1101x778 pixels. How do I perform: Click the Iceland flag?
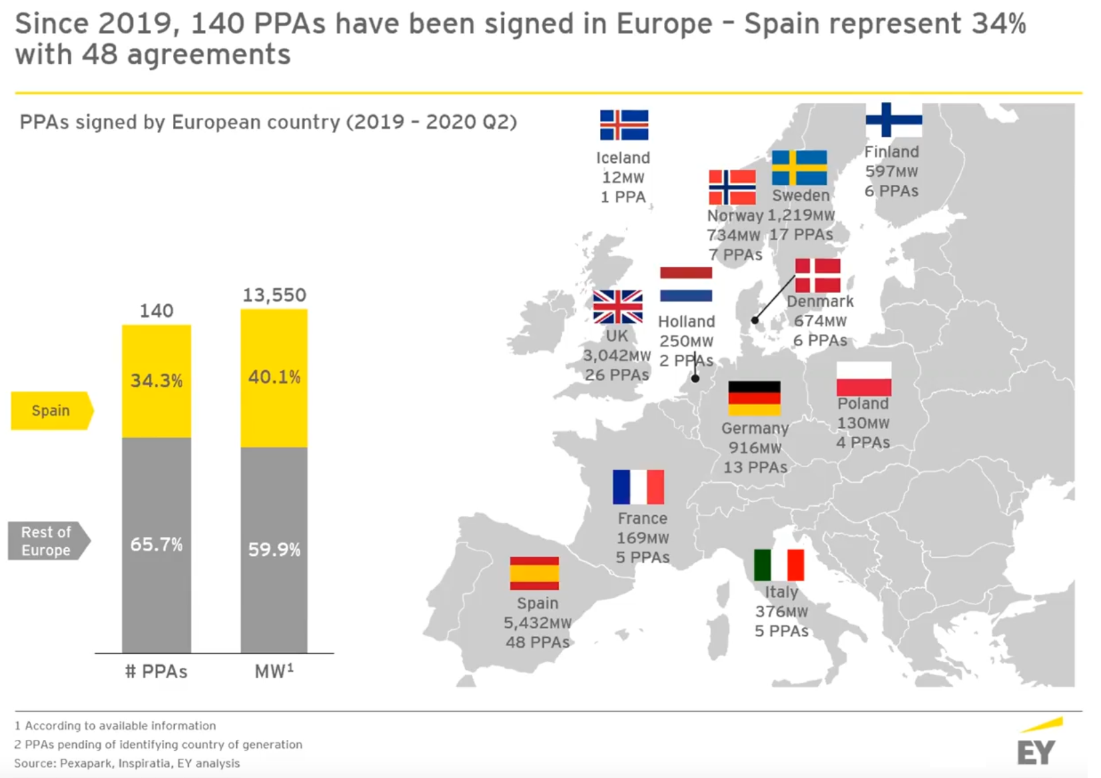point(624,125)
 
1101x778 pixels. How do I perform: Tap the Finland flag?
point(893,120)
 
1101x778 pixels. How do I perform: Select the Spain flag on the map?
point(534,573)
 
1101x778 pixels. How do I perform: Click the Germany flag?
point(754,398)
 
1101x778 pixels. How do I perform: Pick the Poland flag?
point(863,379)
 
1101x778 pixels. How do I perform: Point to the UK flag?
point(618,307)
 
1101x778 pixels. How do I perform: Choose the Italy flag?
point(779,565)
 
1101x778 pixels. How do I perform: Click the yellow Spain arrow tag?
point(51,410)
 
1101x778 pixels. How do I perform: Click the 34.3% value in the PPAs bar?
point(156,381)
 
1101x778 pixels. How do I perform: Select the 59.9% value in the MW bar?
point(274,550)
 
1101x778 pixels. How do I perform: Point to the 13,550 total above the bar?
point(274,295)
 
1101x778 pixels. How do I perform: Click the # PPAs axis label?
point(156,671)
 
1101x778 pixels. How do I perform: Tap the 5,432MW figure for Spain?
point(537,623)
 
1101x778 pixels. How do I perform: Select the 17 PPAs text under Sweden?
point(801,235)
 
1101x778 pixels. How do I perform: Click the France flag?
point(638,487)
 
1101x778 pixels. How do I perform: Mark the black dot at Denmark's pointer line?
point(755,320)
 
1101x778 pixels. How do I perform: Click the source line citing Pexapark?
point(127,763)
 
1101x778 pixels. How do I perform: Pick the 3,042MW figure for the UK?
point(617,356)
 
